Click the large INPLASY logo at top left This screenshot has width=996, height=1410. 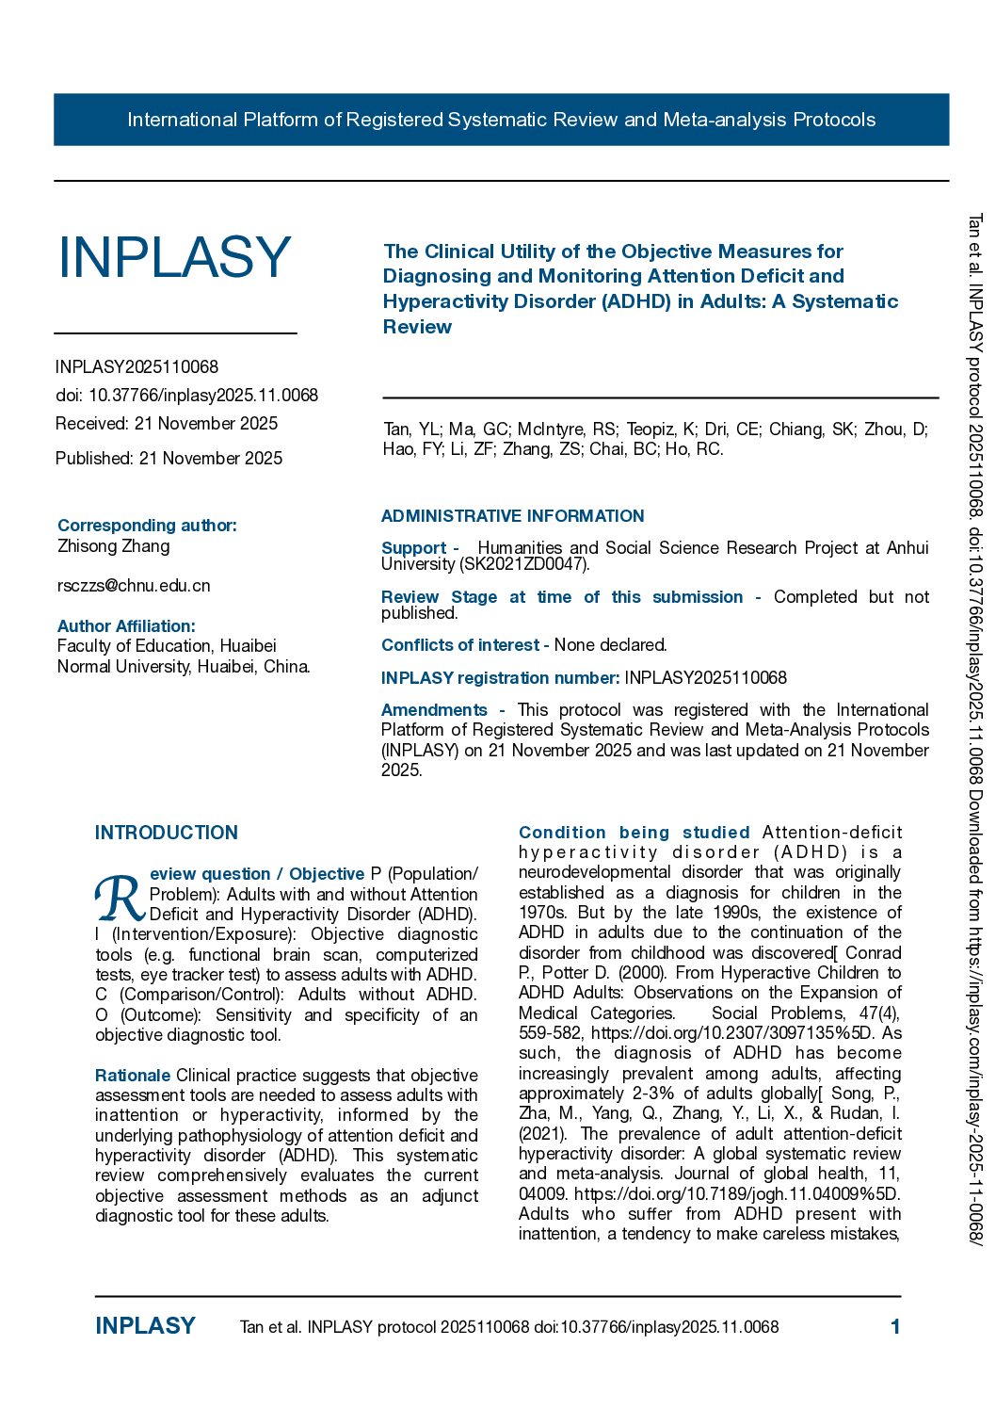pyautogui.click(x=174, y=257)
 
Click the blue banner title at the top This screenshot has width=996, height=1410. pyautogui.click(x=501, y=120)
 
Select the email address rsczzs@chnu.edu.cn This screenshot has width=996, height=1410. pyautogui.click(x=134, y=585)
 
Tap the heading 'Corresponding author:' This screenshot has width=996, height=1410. pyautogui.click(x=147, y=525)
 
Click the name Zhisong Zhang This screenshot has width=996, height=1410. pyautogui.click(x=114, y=545)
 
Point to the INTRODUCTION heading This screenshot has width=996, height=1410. pyautogui.click(x=167, y=833)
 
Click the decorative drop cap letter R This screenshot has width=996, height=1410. pyautogui.click(x=120, y=899)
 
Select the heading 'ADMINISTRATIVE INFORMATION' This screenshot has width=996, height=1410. pyautogui.click(x=512, y=516)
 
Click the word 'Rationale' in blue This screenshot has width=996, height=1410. pyautogui.click(x=133, y=1075)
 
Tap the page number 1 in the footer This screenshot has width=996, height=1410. pyautogui.click(x=895, y=1326)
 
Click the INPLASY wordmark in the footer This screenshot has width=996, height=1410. pyautogui.click(x=145, y=1326)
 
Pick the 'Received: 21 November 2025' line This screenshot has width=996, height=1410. pyautogui.click(x=167, y=423)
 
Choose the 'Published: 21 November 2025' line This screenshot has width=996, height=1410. pyautogui.click(x=169, y=458)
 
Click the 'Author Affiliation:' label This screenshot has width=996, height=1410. pyautogui.click(x=126, y=625)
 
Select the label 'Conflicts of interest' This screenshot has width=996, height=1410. pyautogui.click(x=460, y=645)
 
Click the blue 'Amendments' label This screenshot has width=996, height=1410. pyautogui.click(x=434, y=709)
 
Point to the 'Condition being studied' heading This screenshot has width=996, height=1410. pyautogui.click(x=634, y=833)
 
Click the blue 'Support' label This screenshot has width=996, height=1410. pyautogui.click(x=413, y=547)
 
